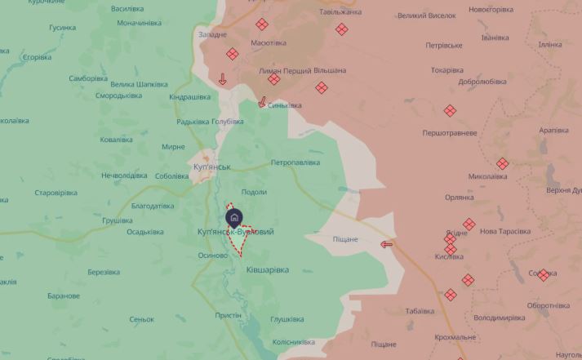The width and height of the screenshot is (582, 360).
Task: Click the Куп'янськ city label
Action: pyautogui.click(x=211, y=167)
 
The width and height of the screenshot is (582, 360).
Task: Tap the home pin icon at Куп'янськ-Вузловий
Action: pyautogui.click(x=233, y=217)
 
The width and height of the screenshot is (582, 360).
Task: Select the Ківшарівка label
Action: pyautogui.click(x=268, y=270)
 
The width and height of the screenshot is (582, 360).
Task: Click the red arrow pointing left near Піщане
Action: pyautogui.click(x=386, y=243)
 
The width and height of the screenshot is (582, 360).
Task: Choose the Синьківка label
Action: pyautogui.click(x=284, y=105)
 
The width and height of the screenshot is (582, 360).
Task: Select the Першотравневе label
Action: pyautogui.click(x=450, y=132)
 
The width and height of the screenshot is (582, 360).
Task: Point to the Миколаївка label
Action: pyautogui.click(x=488, y=176)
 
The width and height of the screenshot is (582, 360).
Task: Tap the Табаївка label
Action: pyautogui.click(x=420, y=311)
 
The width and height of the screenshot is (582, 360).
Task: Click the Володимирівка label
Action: pyautogui.click(x=499, y=318)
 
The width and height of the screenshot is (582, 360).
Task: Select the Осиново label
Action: pyautogui.click(x=212, y=255)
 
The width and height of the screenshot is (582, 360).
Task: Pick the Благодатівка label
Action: pyautogui.click(x=152, y=206)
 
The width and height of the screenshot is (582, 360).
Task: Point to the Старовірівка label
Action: pyautogui.click(x=56, y=193)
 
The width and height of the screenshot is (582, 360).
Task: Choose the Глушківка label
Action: pyautogui.click(x=287, y=319)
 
